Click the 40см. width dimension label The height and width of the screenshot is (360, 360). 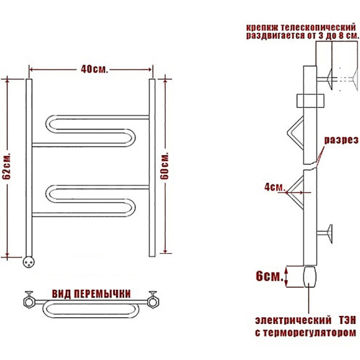click(x=94, y=69)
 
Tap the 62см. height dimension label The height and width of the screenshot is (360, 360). click(x=6, y=165)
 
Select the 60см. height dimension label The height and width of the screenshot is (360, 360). click(x=164, y=166)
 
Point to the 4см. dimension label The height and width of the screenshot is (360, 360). click(x=274, y=187)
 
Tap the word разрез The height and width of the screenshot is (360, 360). click(x=341, y=140)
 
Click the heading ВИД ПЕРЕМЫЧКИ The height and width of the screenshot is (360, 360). click(x=91, y=294)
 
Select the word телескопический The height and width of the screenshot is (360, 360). click(x=318, y=27)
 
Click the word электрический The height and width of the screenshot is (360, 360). click(x=293, y=320)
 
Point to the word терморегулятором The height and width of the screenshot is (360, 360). click(x=308, y=333)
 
